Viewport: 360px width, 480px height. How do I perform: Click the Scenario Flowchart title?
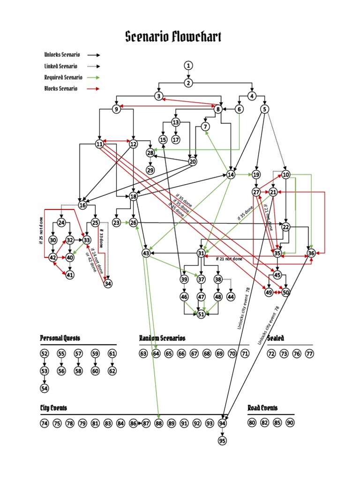click(x=173, y=37)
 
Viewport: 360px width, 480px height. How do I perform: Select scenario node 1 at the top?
click(x=188, y=65)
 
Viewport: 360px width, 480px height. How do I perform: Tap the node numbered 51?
click(x=201, y=314)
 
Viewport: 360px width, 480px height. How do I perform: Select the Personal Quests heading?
click(x=60, y=338)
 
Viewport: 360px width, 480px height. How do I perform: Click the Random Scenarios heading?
click(x=162, y=338)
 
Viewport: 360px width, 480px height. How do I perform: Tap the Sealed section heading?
click(x=276, y=338)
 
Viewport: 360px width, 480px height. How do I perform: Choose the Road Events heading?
click(x=262, y=408)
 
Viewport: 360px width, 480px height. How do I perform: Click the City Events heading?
click(x=53, y=408)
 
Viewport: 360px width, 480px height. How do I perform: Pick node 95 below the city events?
click(x=222, y=441)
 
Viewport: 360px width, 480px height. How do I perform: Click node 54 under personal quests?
click(x=45, y=388)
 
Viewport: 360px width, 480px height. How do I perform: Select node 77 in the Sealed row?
click(x=309, y=353)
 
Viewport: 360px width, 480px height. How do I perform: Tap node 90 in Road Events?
click(x=290, y=423)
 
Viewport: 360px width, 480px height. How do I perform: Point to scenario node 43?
click(x=146, y=253)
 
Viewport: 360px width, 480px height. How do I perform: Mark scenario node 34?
click(x=108, y=284)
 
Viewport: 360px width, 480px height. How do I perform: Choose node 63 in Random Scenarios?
click(x=143, y=353)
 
